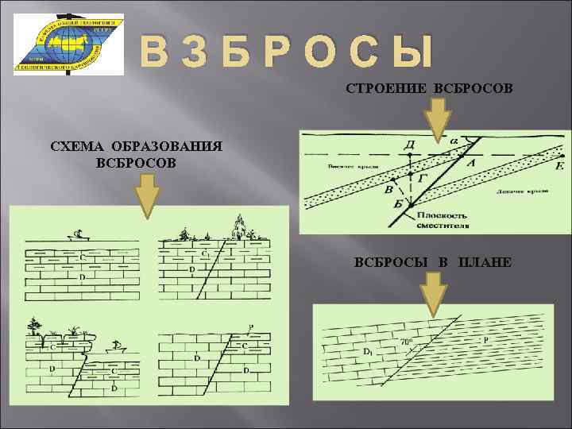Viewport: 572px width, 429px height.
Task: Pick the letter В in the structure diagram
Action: point(388,189)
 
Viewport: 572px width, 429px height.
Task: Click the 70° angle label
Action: point(406,342)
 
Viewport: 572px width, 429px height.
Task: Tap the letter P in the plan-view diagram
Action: point(485,340)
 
